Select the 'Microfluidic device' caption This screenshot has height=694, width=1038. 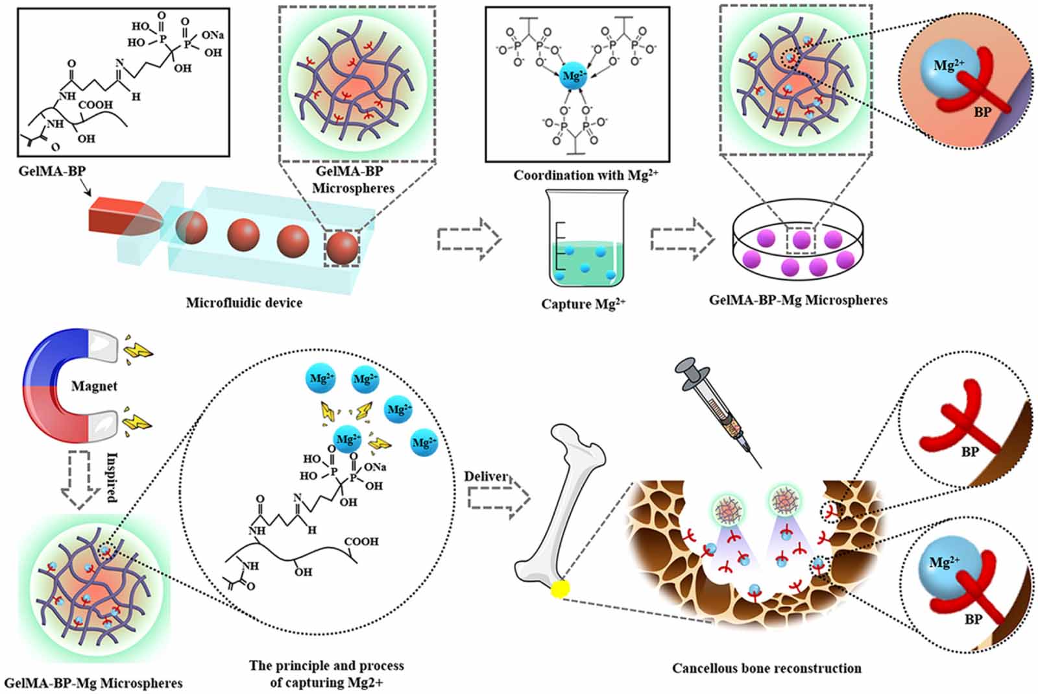pos(244,303)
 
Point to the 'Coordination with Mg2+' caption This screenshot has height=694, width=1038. pos(585,175)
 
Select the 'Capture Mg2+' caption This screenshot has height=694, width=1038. pos(583,304)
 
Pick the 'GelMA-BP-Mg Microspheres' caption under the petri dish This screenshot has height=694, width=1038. pos(798,300)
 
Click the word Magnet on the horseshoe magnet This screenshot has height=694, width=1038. pos(94,386)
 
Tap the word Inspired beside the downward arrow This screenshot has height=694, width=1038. pos(112,477)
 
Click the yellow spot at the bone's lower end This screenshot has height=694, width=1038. pos(559,589)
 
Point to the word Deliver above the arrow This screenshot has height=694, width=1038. pos(485,477)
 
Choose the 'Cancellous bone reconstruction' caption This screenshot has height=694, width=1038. pos(766,668)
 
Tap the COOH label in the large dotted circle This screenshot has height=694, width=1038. pos(361,541)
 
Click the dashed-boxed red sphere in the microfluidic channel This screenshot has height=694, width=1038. pos(342,247)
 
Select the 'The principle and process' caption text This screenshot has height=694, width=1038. pos(326,666)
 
